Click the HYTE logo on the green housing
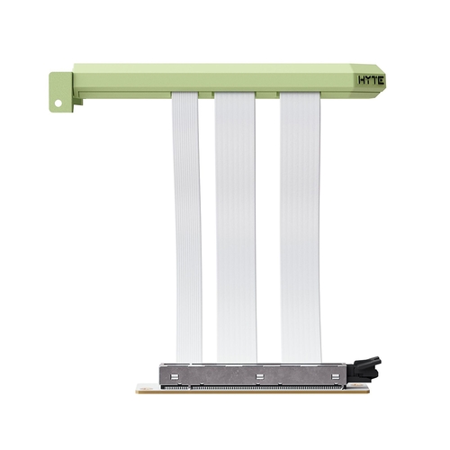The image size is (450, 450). pos(370,80)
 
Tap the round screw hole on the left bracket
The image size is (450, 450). pos(58,103)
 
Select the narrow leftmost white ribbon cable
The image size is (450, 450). pos(187,225)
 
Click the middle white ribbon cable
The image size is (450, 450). pos(236,225)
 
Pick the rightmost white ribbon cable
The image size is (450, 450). pos(301,225)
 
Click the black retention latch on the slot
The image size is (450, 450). pos(369,367)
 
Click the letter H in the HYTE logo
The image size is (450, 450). pos(362,80)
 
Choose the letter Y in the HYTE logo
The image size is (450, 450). pos(367,80)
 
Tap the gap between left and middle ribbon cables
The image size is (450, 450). pos(208,225)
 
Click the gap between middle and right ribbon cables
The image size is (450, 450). pos(268,225)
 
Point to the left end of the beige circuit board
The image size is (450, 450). pos(144,389)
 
